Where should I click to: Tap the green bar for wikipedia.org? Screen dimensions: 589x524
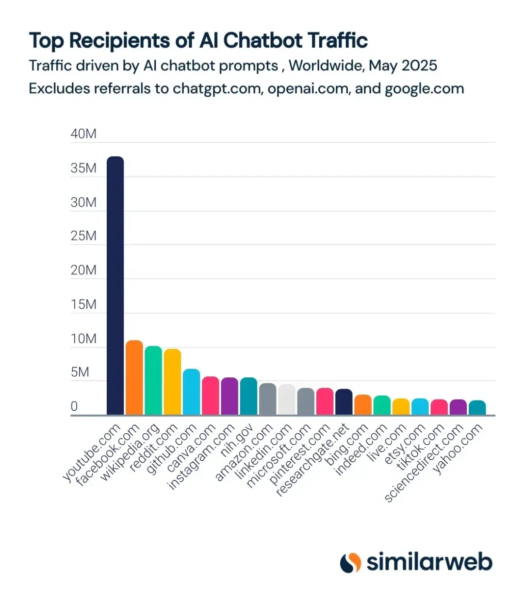[x=153, y=381]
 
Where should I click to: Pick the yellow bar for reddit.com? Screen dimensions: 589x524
[x=172, y=382]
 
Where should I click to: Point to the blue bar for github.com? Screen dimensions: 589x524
[x=191, y=392]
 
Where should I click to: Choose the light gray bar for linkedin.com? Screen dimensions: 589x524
[x=287, y=400]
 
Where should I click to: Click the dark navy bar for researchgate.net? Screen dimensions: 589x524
[x=344, y=402]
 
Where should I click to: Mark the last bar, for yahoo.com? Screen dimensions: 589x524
[x=477, y=408]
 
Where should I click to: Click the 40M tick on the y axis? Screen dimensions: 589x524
[x=83, y=134]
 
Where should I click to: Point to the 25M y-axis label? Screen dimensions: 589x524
[x=83, y=236]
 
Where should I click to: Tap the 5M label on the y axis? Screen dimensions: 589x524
[x=80, y=372]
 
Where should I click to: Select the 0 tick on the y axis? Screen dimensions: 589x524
[x=74, y=406]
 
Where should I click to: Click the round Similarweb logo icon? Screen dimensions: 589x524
[x=350, y=562]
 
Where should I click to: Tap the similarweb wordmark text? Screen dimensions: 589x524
[x=429, y=562]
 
